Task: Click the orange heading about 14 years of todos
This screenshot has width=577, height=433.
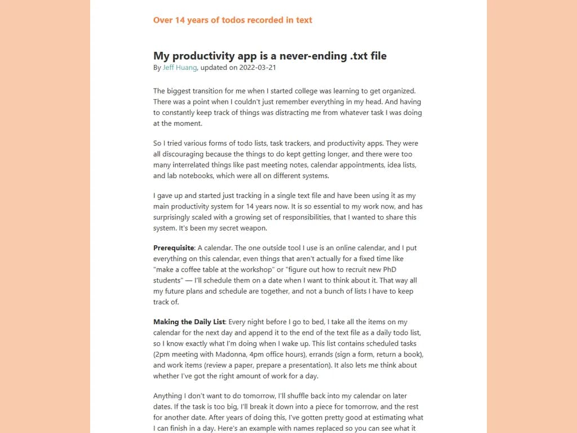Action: point(232,20)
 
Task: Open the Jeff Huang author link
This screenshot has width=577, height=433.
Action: point(180,68)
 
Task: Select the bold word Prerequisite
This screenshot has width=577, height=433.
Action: point(174,248)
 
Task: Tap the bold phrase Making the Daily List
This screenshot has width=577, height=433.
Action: point(189,322)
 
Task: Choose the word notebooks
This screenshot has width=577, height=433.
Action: point(194,176)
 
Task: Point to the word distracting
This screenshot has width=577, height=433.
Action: point(309,113)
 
